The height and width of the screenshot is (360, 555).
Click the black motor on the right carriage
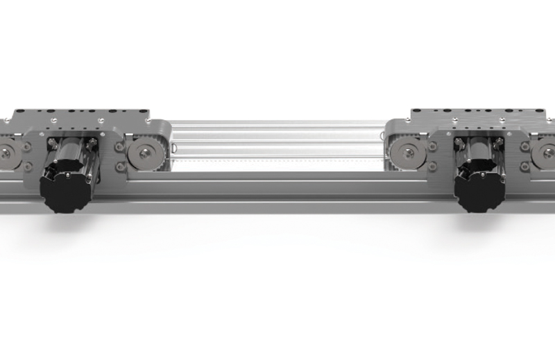pos(479,188)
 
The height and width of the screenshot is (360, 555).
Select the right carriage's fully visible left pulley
pos(407,153)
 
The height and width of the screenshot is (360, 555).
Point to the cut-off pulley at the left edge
pos(6,152)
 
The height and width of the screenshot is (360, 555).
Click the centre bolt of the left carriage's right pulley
pos(144,152)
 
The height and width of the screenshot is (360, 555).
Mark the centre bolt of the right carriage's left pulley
pos(407,153)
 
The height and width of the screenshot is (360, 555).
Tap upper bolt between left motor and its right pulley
pos(119,146)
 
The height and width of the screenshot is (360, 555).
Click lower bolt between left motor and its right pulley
pos(119,166)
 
